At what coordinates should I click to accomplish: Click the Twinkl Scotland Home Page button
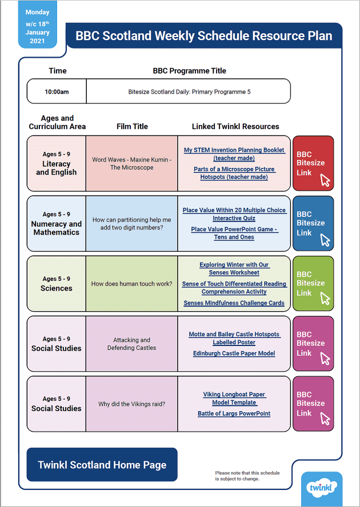coord(102,465)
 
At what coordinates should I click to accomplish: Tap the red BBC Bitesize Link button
coord(313,163)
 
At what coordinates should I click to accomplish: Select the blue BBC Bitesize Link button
coord(313,223)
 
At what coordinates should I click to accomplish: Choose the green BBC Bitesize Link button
coord(313,283)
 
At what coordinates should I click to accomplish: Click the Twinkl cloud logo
coord(321,488)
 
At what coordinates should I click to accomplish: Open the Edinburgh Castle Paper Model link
coord(234,353)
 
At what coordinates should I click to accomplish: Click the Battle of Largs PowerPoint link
coord(234,413)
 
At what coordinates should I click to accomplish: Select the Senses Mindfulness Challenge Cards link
coord(234,303)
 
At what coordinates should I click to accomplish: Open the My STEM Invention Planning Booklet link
coord(234,154)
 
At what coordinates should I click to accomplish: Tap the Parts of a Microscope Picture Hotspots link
coord(234,173)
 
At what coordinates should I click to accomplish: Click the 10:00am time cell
coord(57,91)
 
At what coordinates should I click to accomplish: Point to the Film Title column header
coord(132,126)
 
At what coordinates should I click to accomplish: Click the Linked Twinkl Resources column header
coord(235,126)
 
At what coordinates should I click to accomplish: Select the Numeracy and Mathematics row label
coord(56,228)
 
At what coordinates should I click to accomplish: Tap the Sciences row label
coord(56,288)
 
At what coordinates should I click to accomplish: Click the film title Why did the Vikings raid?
coord(131,404)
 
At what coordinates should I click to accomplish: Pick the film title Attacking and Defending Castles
coord(131,344)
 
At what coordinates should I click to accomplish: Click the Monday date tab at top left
coord(38,26)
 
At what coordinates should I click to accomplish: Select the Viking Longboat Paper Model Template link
coord(234,399)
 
